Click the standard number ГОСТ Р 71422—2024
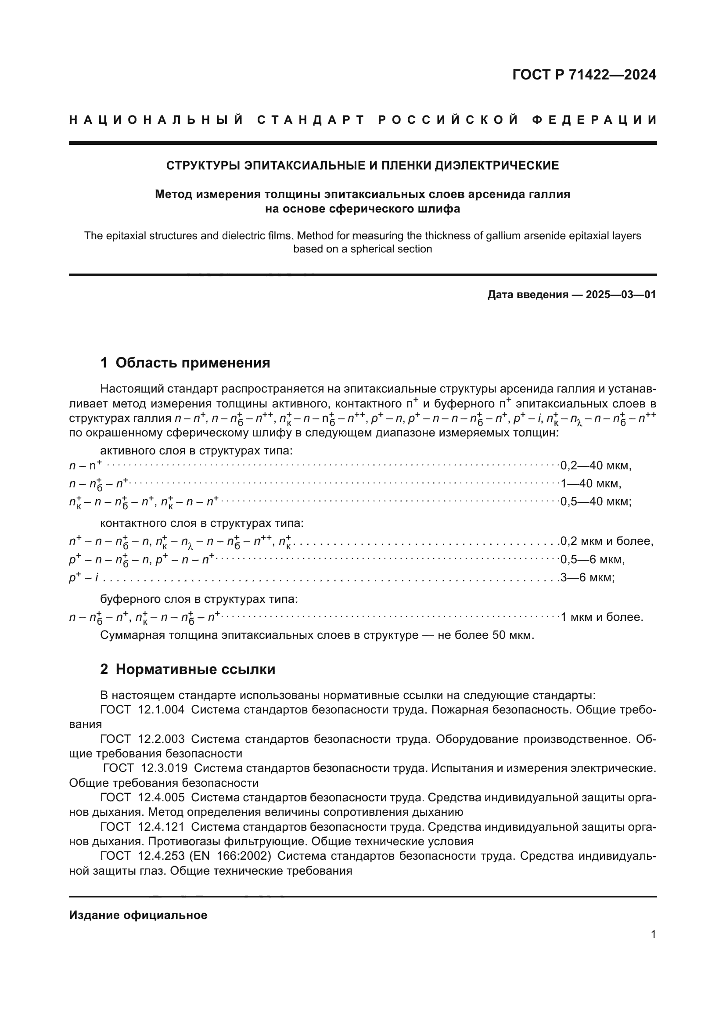click(x=584, y=75)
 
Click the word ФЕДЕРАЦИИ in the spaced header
click(x=595, y=120)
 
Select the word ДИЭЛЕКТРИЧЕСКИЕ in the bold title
click(x=497, y=166)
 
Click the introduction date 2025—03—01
click(x=621, y=295)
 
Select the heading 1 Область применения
click(x=185, y=362)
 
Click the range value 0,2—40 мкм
click(x=596, y=465)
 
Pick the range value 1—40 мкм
click(x=590, y=483)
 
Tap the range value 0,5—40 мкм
click(x=596, y=502)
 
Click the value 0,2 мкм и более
click(x=607, y=542)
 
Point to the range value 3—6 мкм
click(x=587, y=577)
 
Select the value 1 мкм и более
click(x=602, y=617)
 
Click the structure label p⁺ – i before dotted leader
click(x=83, y=578)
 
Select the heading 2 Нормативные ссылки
click(x=187, y=669)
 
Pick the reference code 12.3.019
click(x=164, y=768)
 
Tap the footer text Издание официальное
click(x=138, y=915)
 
